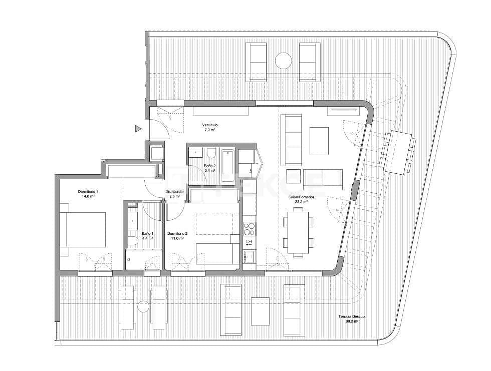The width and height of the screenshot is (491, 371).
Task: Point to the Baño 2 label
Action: tap(210, 166)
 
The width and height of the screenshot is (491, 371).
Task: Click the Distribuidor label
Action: tap(175, 191)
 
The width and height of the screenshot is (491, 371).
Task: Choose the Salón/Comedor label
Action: tap(301, 197)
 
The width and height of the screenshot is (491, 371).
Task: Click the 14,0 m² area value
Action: tap(88, 197)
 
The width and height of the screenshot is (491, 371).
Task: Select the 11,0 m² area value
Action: tap(177, 238)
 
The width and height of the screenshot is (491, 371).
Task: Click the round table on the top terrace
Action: tap(283, 61)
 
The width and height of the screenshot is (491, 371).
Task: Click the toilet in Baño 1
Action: tap(133, 241)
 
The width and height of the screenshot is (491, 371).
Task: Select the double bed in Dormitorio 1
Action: tap(83, 229)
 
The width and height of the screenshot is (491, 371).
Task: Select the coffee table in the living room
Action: tap(319, 141)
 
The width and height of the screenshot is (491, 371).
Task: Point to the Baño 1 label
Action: tap(147, 234)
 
